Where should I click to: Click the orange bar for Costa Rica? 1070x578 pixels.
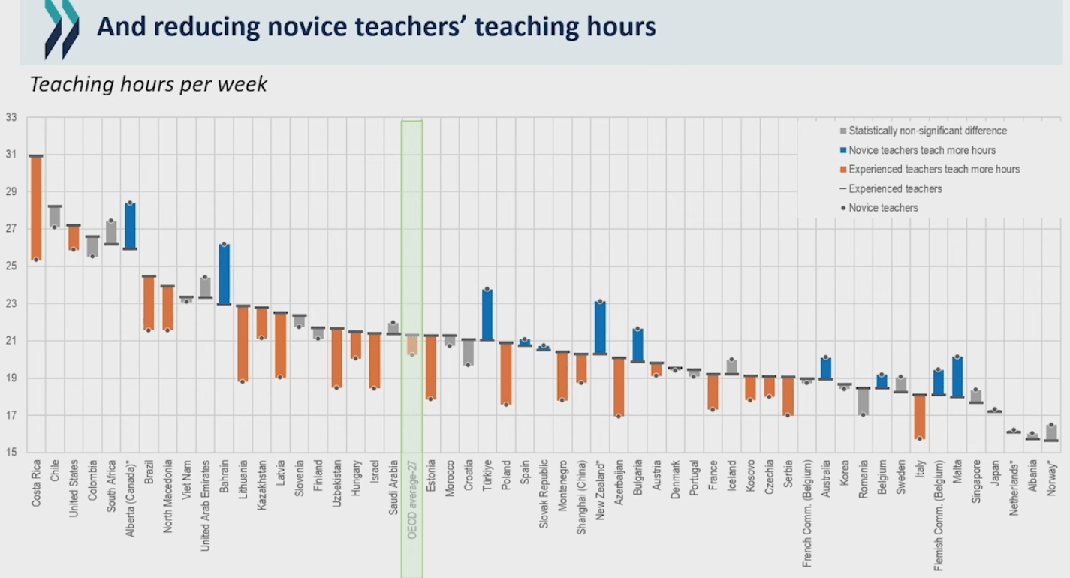coord(36,208)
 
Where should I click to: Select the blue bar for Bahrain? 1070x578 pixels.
coord(224,274)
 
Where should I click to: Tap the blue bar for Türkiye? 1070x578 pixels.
coord(487,315)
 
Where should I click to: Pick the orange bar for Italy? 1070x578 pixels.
coord(919,417)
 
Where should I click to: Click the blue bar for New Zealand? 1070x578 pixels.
coord(600,327)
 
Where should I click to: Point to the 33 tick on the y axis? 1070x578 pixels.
coord(11,118)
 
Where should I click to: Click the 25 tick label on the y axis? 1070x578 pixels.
coord(11,266)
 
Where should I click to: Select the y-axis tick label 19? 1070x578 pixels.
coord(11,378)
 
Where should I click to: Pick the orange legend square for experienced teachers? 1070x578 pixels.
coord(843,170)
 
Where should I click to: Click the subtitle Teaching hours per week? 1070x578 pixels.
coord(149,84)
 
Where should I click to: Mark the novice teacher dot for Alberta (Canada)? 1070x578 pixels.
coord(130,203)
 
